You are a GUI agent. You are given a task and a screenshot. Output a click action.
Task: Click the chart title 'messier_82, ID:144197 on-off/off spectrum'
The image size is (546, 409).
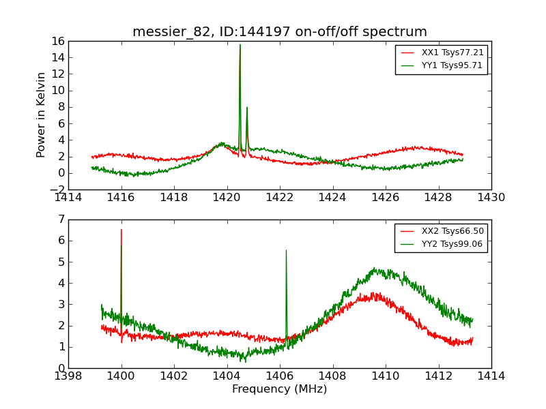280,32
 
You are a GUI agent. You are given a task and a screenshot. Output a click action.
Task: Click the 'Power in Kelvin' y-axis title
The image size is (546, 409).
42,115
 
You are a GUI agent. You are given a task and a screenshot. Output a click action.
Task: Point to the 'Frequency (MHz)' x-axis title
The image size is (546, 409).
280,389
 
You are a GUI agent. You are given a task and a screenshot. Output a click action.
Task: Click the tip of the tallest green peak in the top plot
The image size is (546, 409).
240,45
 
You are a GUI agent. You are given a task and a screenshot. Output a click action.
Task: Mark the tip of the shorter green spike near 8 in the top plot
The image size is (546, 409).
247,108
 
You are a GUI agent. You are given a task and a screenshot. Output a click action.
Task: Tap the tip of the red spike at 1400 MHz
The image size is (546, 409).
121,230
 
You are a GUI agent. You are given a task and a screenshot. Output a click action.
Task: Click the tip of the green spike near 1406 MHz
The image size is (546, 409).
286,250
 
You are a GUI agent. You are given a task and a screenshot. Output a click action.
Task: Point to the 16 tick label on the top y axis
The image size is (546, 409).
57,41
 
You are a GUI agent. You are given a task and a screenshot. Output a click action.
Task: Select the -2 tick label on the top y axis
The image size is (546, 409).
57,190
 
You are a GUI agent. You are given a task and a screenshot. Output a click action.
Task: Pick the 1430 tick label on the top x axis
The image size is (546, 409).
491,198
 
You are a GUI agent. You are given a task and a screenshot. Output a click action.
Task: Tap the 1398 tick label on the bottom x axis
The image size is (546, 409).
68,376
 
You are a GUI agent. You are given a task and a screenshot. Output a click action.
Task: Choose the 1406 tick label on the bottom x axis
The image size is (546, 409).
280,376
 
